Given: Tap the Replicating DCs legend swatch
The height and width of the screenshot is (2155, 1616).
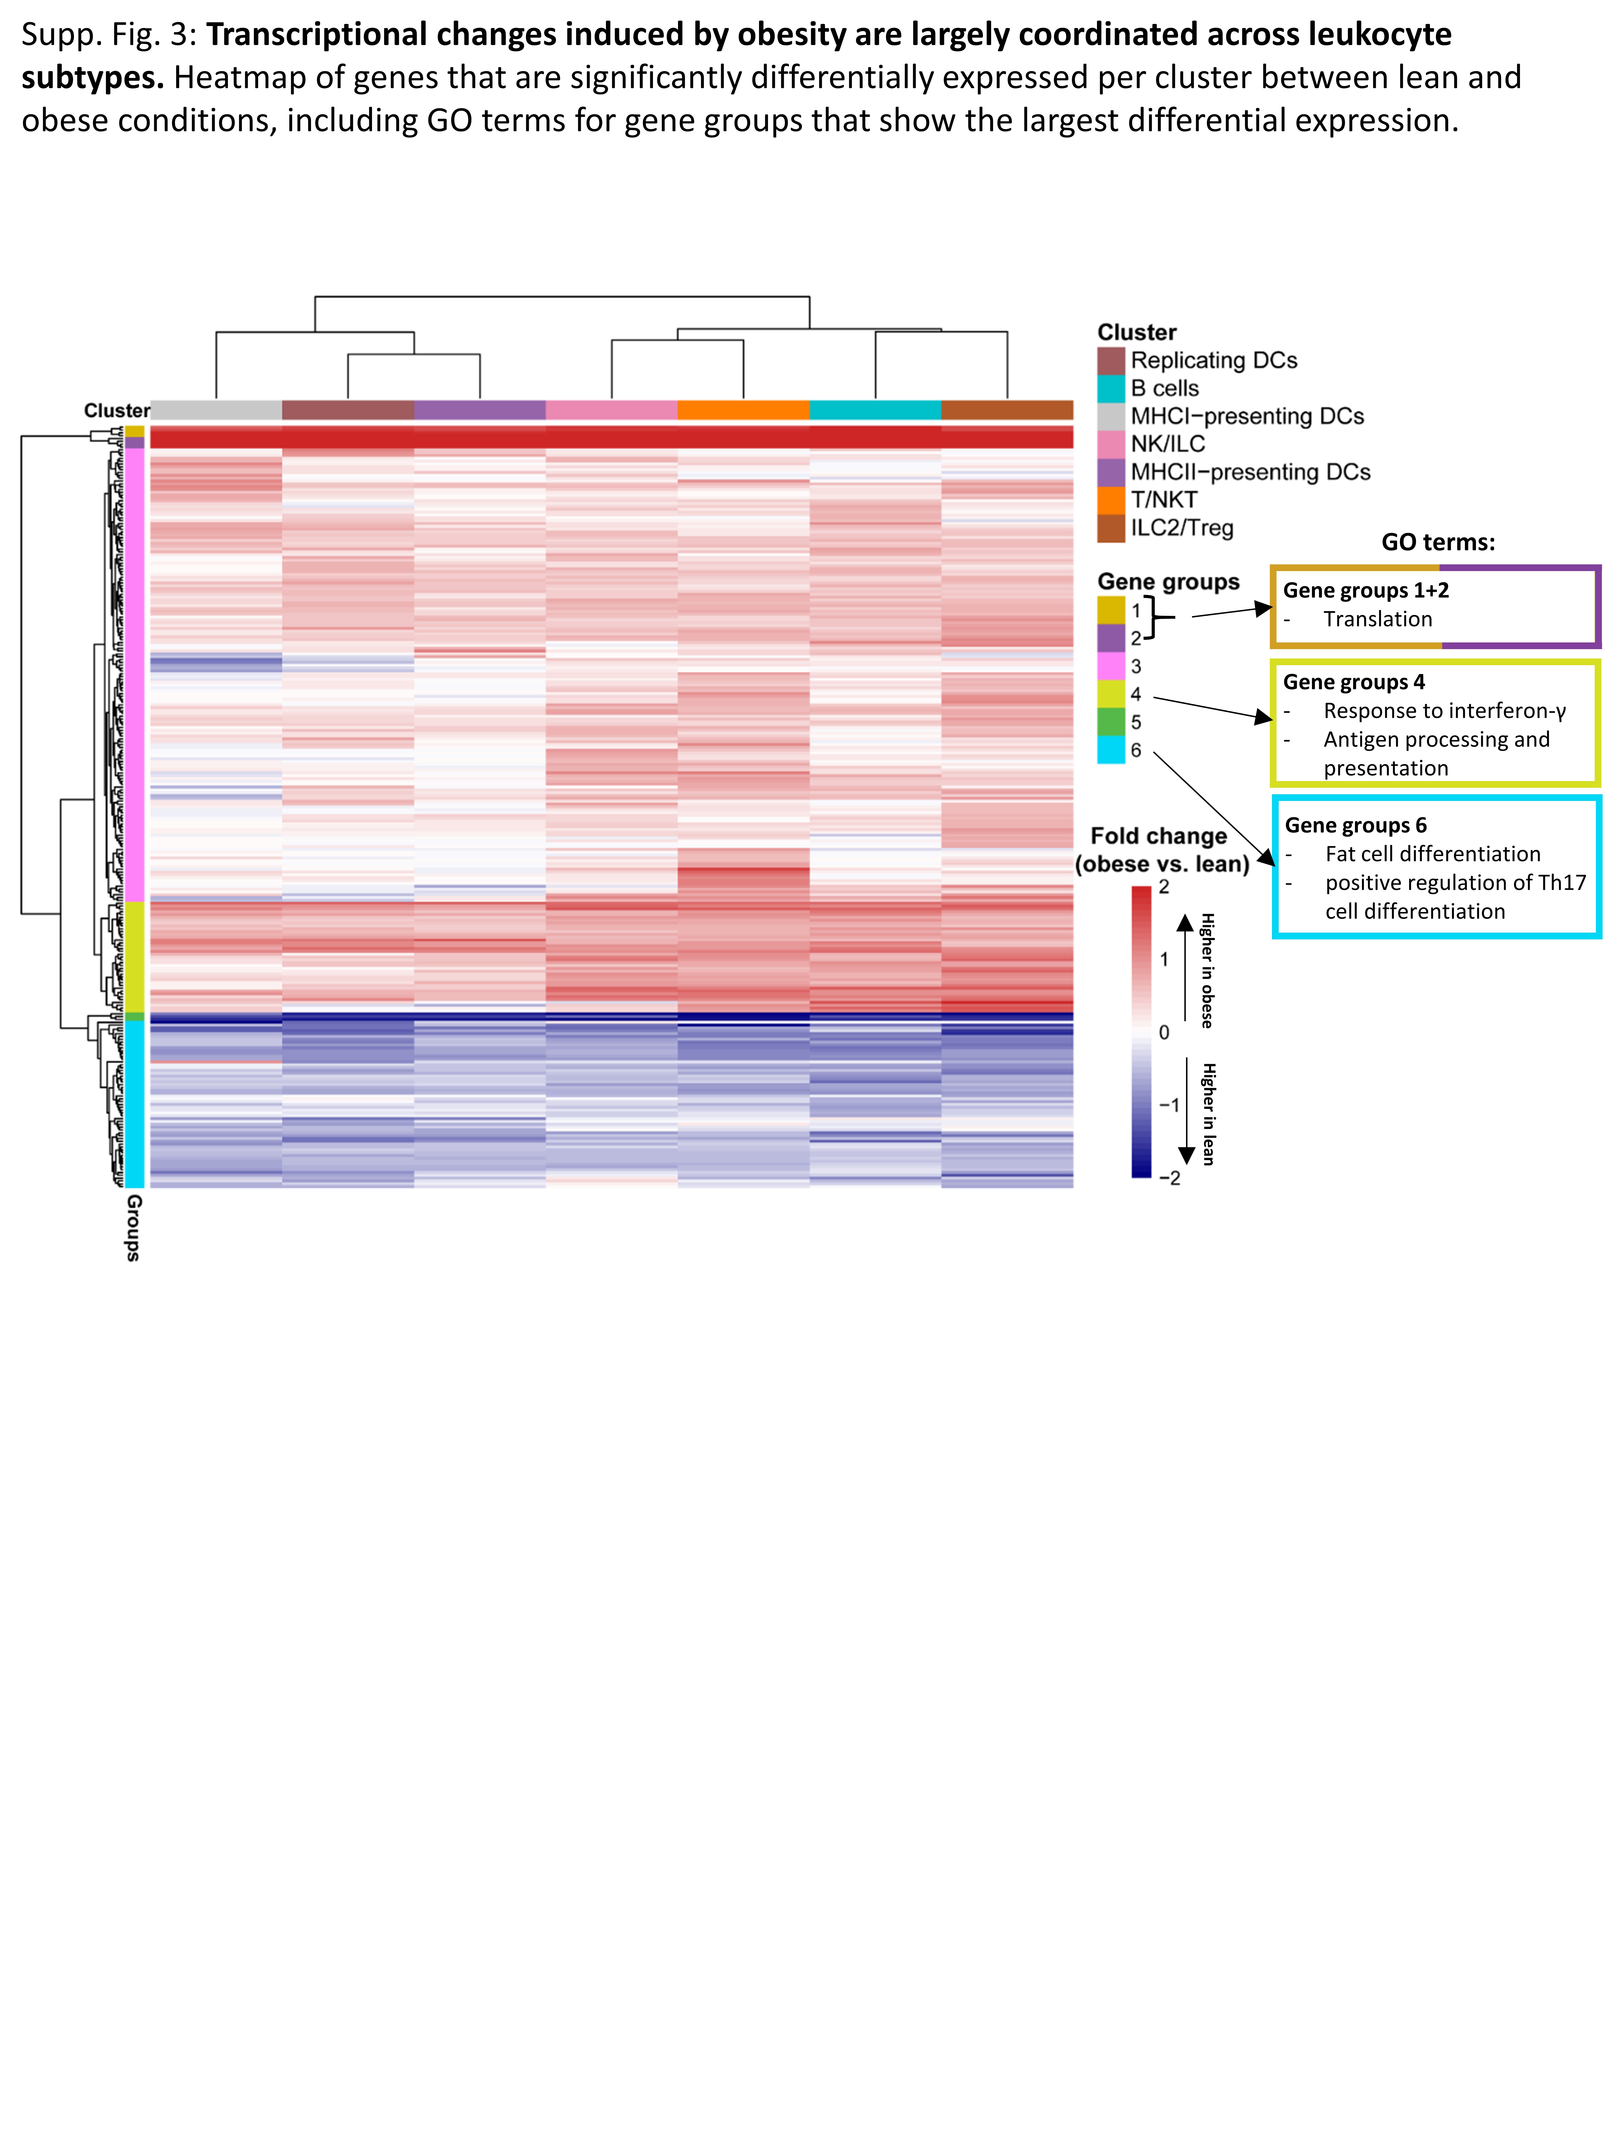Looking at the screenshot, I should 1110,360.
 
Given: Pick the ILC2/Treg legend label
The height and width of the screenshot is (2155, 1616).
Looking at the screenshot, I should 1181,528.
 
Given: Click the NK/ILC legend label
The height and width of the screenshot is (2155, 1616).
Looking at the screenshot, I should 1167,444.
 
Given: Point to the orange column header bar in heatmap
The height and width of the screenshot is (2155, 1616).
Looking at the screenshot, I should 743,410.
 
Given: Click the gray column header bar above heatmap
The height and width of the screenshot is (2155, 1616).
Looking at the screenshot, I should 216,410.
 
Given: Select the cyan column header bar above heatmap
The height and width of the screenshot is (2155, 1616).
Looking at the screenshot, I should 875,410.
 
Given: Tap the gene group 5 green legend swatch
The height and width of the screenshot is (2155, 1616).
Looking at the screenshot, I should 1110,722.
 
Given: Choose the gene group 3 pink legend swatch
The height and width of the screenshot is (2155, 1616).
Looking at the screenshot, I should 1110,666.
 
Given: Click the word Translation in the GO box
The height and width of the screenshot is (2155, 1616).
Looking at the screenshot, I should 1377,620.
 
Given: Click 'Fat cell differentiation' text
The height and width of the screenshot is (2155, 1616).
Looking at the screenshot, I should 1432,854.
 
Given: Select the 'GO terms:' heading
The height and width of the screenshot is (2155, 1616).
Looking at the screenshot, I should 1438,543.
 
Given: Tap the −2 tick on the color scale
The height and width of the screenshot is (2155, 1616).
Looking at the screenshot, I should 1169,1178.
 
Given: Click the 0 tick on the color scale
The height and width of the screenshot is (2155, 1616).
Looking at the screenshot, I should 1164,1033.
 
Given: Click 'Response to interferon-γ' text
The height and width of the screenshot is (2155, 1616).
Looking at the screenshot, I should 1444,711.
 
